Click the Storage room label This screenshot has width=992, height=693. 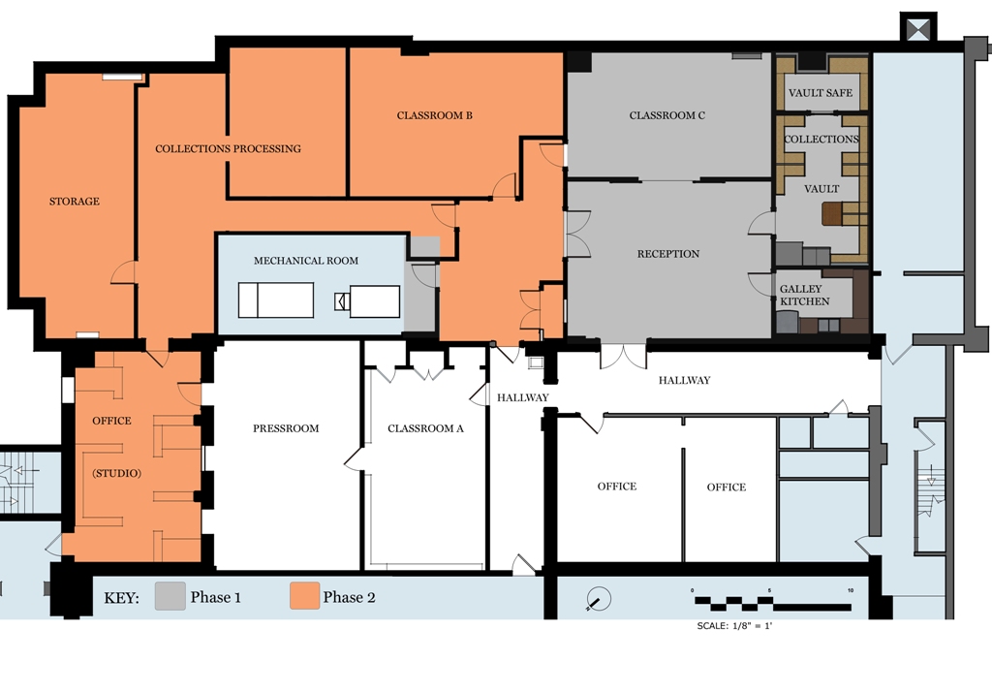pos(75,202)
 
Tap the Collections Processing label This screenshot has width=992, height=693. pos(228,148)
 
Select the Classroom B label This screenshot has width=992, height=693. pos(435,115)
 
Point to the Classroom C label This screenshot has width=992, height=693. pos(666,115)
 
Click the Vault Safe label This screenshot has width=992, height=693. pos(821,93)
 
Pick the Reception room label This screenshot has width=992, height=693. pos(668,254)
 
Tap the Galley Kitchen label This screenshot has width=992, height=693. pos(804,295)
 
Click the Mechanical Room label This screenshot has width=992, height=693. pos(306,260)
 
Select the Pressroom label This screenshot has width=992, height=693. pos(286,428)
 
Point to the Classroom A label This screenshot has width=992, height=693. pos(426,428)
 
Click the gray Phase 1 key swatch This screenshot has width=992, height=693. pos(170,596)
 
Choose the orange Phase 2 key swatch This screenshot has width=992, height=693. pos(305,596)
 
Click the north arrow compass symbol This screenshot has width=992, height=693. pos(598,599)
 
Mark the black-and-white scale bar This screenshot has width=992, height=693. pos(773,603)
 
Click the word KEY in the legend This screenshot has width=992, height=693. pos(121,598)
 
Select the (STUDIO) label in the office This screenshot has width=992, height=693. pos(117,473)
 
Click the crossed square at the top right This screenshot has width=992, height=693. pos(918,28)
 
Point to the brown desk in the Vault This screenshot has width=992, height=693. pos(832,214)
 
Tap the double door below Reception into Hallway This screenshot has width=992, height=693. pos(623,357)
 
